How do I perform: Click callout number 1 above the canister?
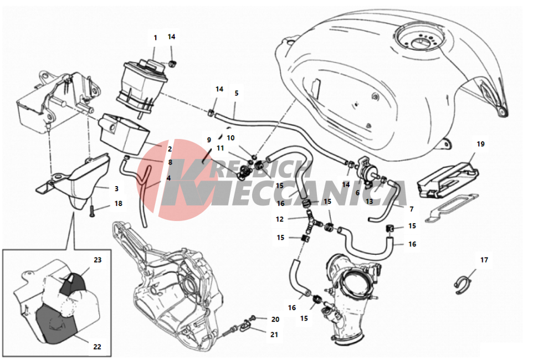pos(155,38)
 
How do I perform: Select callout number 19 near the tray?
pos(480,144)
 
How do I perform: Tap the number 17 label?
pos(484,260)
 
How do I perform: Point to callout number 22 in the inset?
pos(97,347)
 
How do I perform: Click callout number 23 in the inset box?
pos(97,260)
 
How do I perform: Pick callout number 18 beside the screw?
pos(118,204)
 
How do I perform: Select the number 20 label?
pos(275,320)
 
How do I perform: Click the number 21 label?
pos(275,335)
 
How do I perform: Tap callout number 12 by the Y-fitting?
pos(280,219)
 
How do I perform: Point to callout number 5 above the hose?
pos(236,94)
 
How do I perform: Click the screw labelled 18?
pos(90,210)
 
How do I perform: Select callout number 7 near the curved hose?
pos(411,209)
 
